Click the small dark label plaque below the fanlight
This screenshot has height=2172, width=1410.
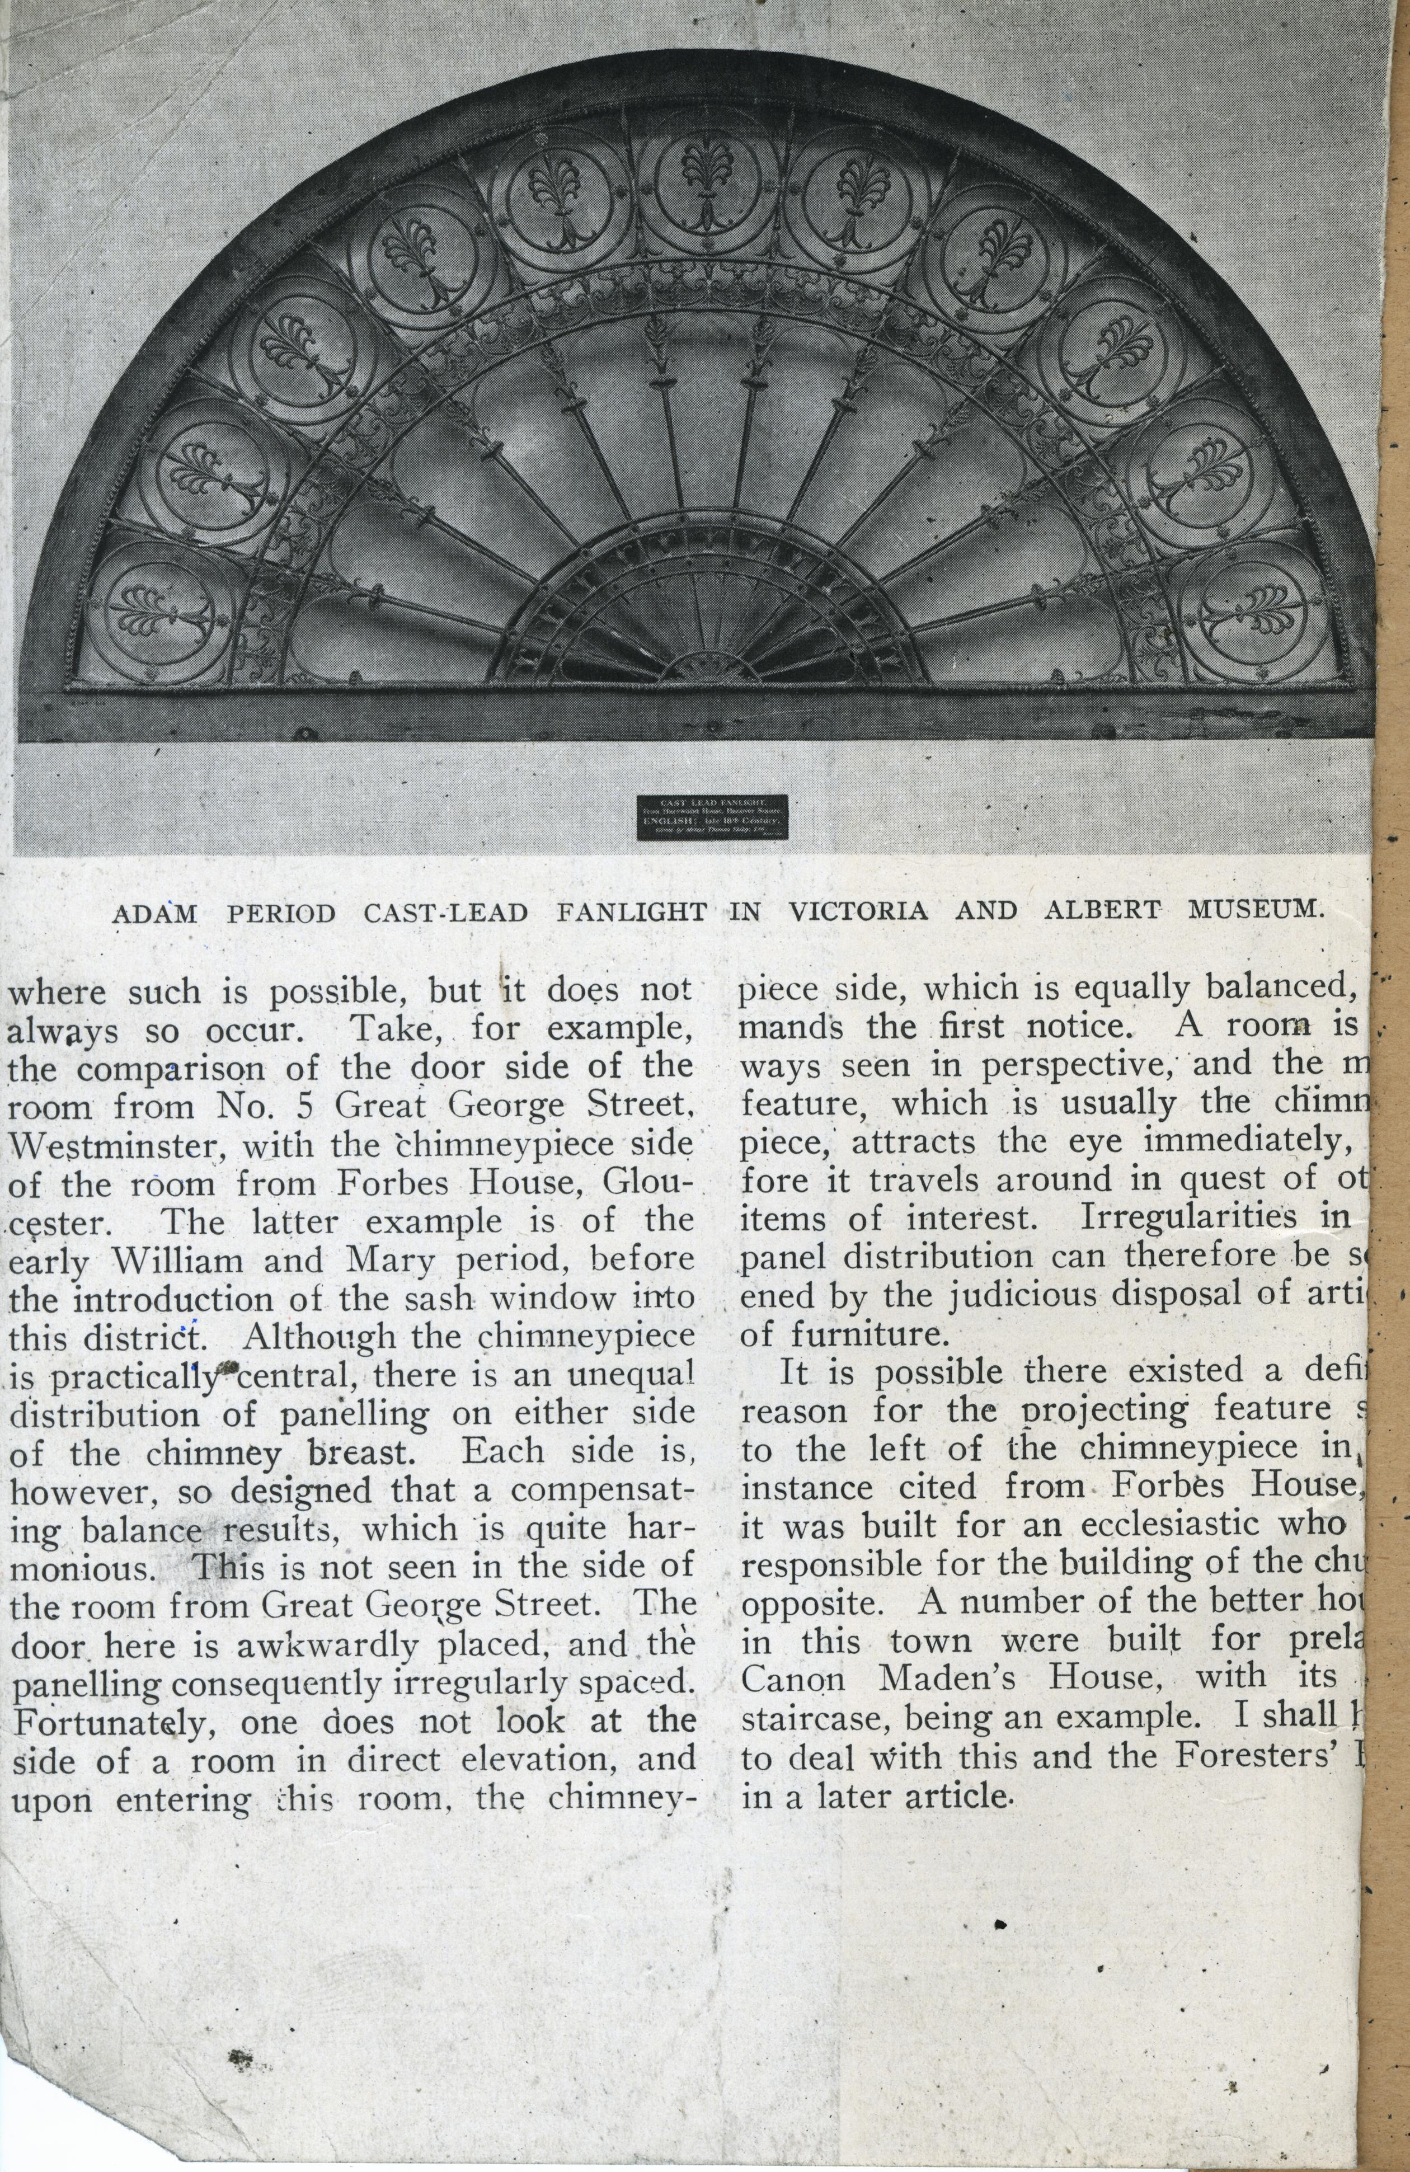pyautogui.click(x=711, y=817)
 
